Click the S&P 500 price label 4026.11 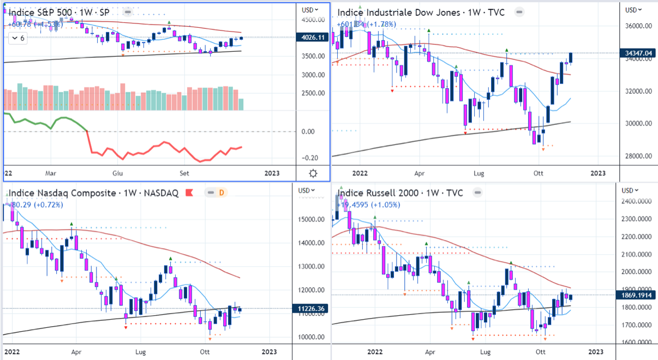point(313,38)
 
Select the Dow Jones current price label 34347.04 point(638,53)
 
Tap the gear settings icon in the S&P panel point(313,173)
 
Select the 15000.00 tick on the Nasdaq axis point(310,219)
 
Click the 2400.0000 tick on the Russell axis point(636,202)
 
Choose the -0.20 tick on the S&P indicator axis point(310,158)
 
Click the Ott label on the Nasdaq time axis point(205,351)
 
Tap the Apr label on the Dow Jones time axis point(420,173)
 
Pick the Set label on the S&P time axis point(184,173)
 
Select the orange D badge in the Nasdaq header point(222,193)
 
